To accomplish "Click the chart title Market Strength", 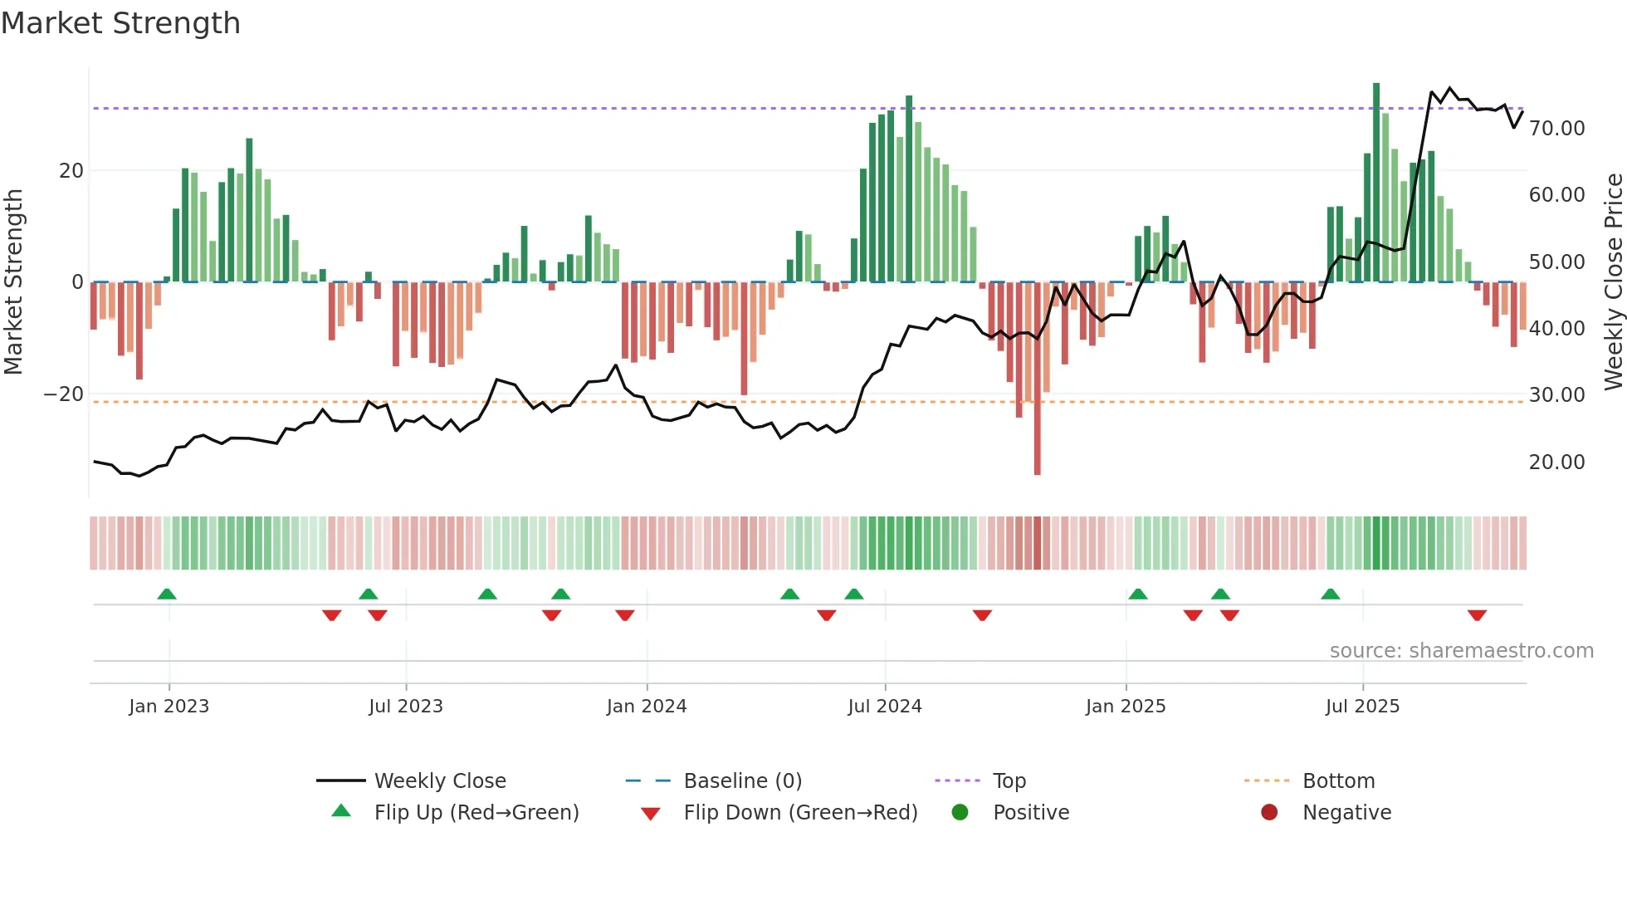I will click(x=120, y=23).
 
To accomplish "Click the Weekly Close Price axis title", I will click(x=1613, y=281).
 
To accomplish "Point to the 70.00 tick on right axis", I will click(x=1556, y=129).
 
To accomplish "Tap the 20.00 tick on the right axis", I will click(x=1556, y=462).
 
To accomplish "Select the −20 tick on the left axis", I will click(x=64, y=394).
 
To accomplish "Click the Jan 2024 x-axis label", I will click(x=647, y=707).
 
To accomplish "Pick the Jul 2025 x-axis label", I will click(x=1362, y=707).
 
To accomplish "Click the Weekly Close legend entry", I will click(x=439, y=781).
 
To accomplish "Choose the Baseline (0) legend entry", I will click(x=742, y=781).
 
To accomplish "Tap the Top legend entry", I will click(x=1009, y=781).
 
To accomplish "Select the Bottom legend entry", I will click(x=1338, y=781).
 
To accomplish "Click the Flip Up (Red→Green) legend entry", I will click(x=476, y=813).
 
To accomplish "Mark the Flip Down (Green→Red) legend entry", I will click(x=800, y=813).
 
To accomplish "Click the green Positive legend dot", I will click(x=960, y=813).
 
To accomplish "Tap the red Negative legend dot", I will click(x=1269, y=813).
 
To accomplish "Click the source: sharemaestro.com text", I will click(x=1461, y=651).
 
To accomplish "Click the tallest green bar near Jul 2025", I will click(x=1376, y=183).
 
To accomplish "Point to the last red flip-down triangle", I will click(x=1477, y=615).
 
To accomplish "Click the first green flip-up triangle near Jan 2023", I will click(x=167, y=594).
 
